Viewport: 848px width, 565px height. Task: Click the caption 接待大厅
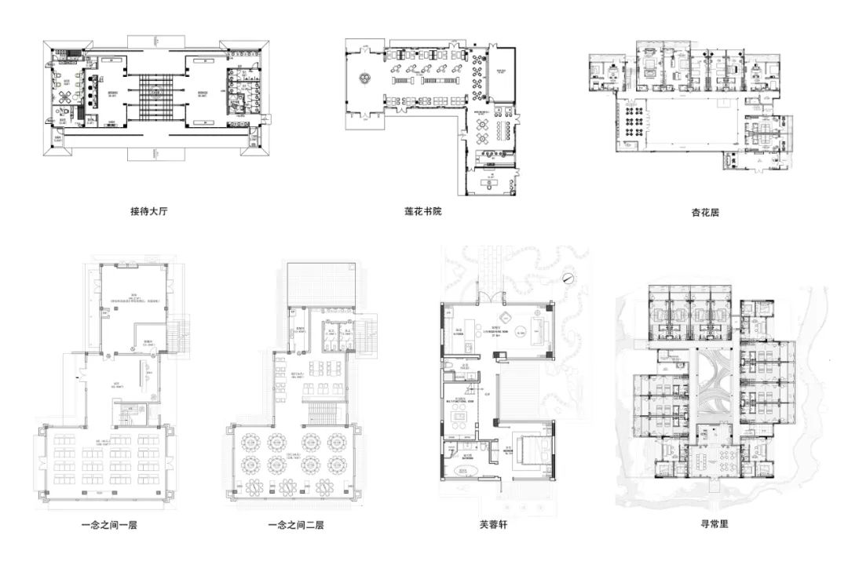[x=149, y=211]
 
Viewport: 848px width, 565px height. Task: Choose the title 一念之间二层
[x=295, y=524]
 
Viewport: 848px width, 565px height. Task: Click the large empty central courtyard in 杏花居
[x=691, y=126]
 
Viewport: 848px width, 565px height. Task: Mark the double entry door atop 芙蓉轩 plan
[x=492, y=296]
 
